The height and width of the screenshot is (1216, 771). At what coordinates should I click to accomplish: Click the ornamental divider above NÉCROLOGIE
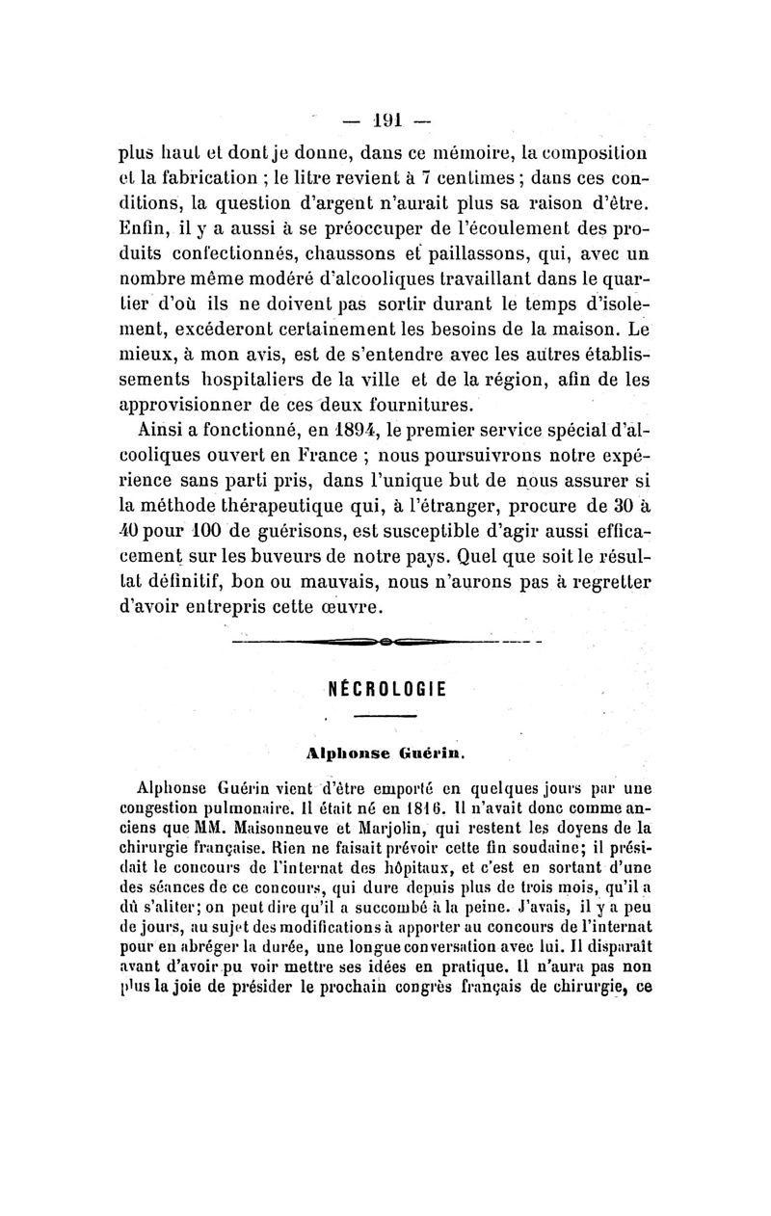pyautogui.click(x=385, y=641)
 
